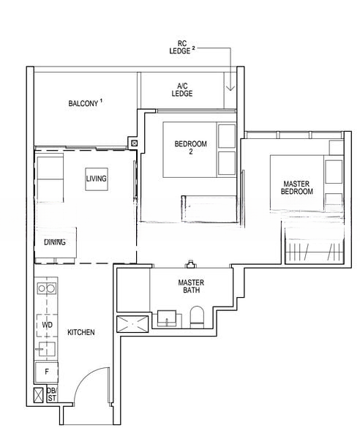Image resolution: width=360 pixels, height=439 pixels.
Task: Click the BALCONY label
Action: click(84, 103)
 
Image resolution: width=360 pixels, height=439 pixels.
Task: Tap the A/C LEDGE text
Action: click(182, 89)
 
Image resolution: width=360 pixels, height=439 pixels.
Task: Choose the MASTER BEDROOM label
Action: click(296, 187)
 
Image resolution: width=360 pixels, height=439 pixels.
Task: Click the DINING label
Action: click(54, 242)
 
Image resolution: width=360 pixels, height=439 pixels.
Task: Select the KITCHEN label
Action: click(80, 332)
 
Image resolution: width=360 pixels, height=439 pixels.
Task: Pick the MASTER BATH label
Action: click(190, 286)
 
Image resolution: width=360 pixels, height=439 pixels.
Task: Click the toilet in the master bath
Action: click(196, 317)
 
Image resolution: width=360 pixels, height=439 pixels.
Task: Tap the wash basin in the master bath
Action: click(166, 318)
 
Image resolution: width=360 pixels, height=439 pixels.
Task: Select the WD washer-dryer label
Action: click(46, 323)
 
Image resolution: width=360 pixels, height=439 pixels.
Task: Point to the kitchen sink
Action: click(46, 349)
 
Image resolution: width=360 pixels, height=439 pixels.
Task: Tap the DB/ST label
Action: click(51, 395)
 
